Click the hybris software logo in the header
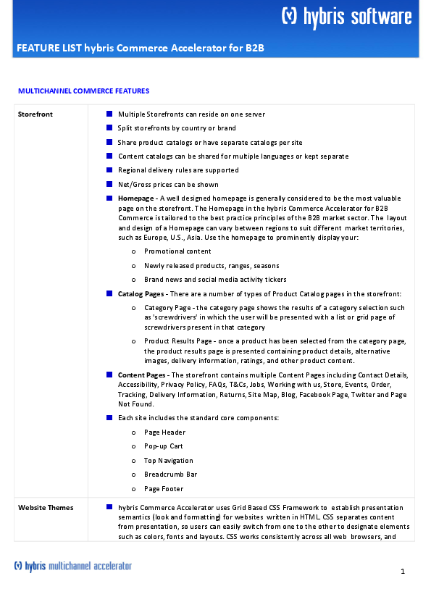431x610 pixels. pyautogui.click(x=346, y=17)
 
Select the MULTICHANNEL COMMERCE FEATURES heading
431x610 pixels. pyautogui.click(x=83, y=91)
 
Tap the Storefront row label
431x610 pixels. pyautogui.click(x=35, y=114)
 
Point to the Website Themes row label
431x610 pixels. pyautogui.click(x=46, y=507)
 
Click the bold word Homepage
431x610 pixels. pyautogui.click(x=135, y=199)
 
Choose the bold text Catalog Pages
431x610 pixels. pyautogui.click(x=141, y=293)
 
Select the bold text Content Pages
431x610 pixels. pyautogui.click(x=141, y=375)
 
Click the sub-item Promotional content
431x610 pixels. pyautogui.click(x=177, y=251)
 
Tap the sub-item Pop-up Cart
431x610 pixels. pyautogui.click(x=163, y=446)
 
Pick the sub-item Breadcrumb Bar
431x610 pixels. pyautogui.click(x=170, y=475)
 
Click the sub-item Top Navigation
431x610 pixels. pyautogui.click(x=168, y=461)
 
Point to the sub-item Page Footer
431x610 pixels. pyautogui.click(x=164, y=489)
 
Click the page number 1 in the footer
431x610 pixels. pyautogui.click(x=402, y=572)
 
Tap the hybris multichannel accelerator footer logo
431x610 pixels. pyautogui.click(x=73, y=566)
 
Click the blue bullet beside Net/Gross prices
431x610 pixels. pyautogui.click(x=109, y=184)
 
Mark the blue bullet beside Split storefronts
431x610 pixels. pyautogui.click(x=109, y=128)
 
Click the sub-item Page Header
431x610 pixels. pyautogui.click(x=164, y=433)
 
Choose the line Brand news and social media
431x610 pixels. pyautogui.click(x=215, y=280)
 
